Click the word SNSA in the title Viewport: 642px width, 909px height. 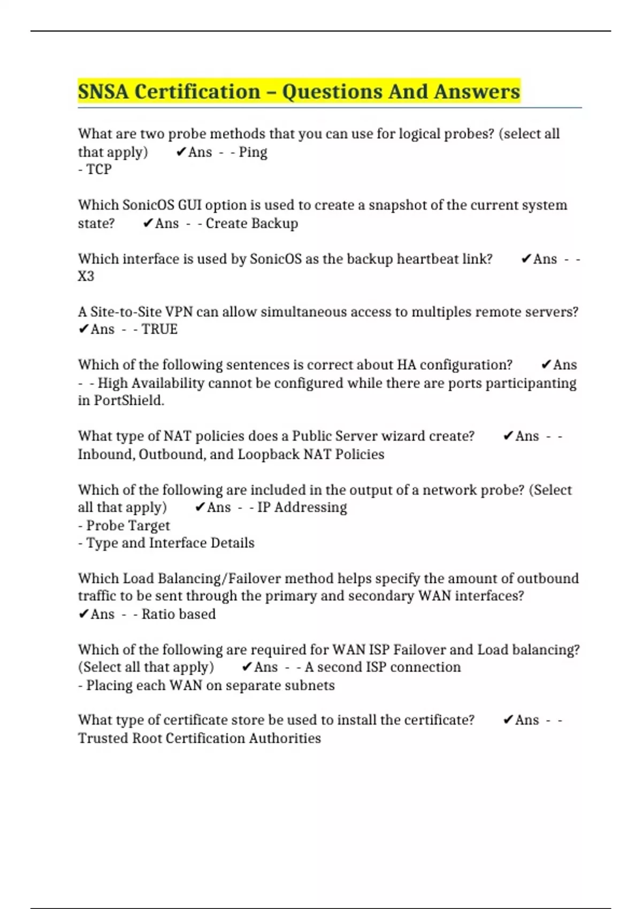pos(103,92)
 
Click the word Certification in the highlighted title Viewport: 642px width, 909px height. pos(197,92)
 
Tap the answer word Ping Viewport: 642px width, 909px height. pos(253,152)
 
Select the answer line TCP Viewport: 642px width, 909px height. pos(95,170)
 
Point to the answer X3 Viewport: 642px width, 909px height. pos(86,276)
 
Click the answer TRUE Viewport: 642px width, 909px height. pos(159,329)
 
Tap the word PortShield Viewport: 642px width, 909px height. pos(128,400)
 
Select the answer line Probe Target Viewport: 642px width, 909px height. pos(125,526)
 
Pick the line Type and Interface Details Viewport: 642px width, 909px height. pos(166,543)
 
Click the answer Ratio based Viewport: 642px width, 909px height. pos(178,614)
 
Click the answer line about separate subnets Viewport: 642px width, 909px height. pos(207,685)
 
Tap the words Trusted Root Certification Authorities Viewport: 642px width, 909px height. pos(200,738)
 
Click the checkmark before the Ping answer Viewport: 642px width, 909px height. pos(181,152)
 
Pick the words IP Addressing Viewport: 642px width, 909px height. pos(302,507)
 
